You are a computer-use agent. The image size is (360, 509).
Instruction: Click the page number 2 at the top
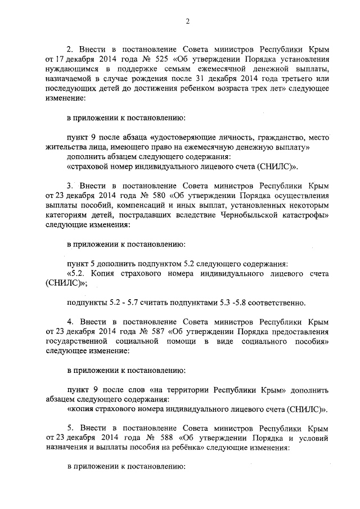pos(188,21)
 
